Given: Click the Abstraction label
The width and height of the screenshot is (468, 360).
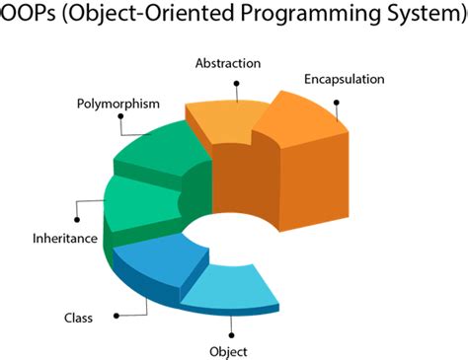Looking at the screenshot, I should (x=227, y=63).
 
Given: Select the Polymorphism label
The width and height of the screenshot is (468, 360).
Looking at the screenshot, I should (x=117, y=103).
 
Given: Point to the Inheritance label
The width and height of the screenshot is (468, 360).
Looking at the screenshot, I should (x=65, y=238).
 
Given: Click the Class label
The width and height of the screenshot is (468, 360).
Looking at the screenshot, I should (x=78, y=318).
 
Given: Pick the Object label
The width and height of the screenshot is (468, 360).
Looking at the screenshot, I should (x=229, y=351).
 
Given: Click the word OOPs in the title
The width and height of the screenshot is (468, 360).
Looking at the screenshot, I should (x=27, y=19).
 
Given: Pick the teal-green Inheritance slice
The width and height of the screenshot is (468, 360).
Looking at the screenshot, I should (x=139, y=201).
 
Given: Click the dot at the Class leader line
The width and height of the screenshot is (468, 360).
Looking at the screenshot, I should (x=117, y=316).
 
